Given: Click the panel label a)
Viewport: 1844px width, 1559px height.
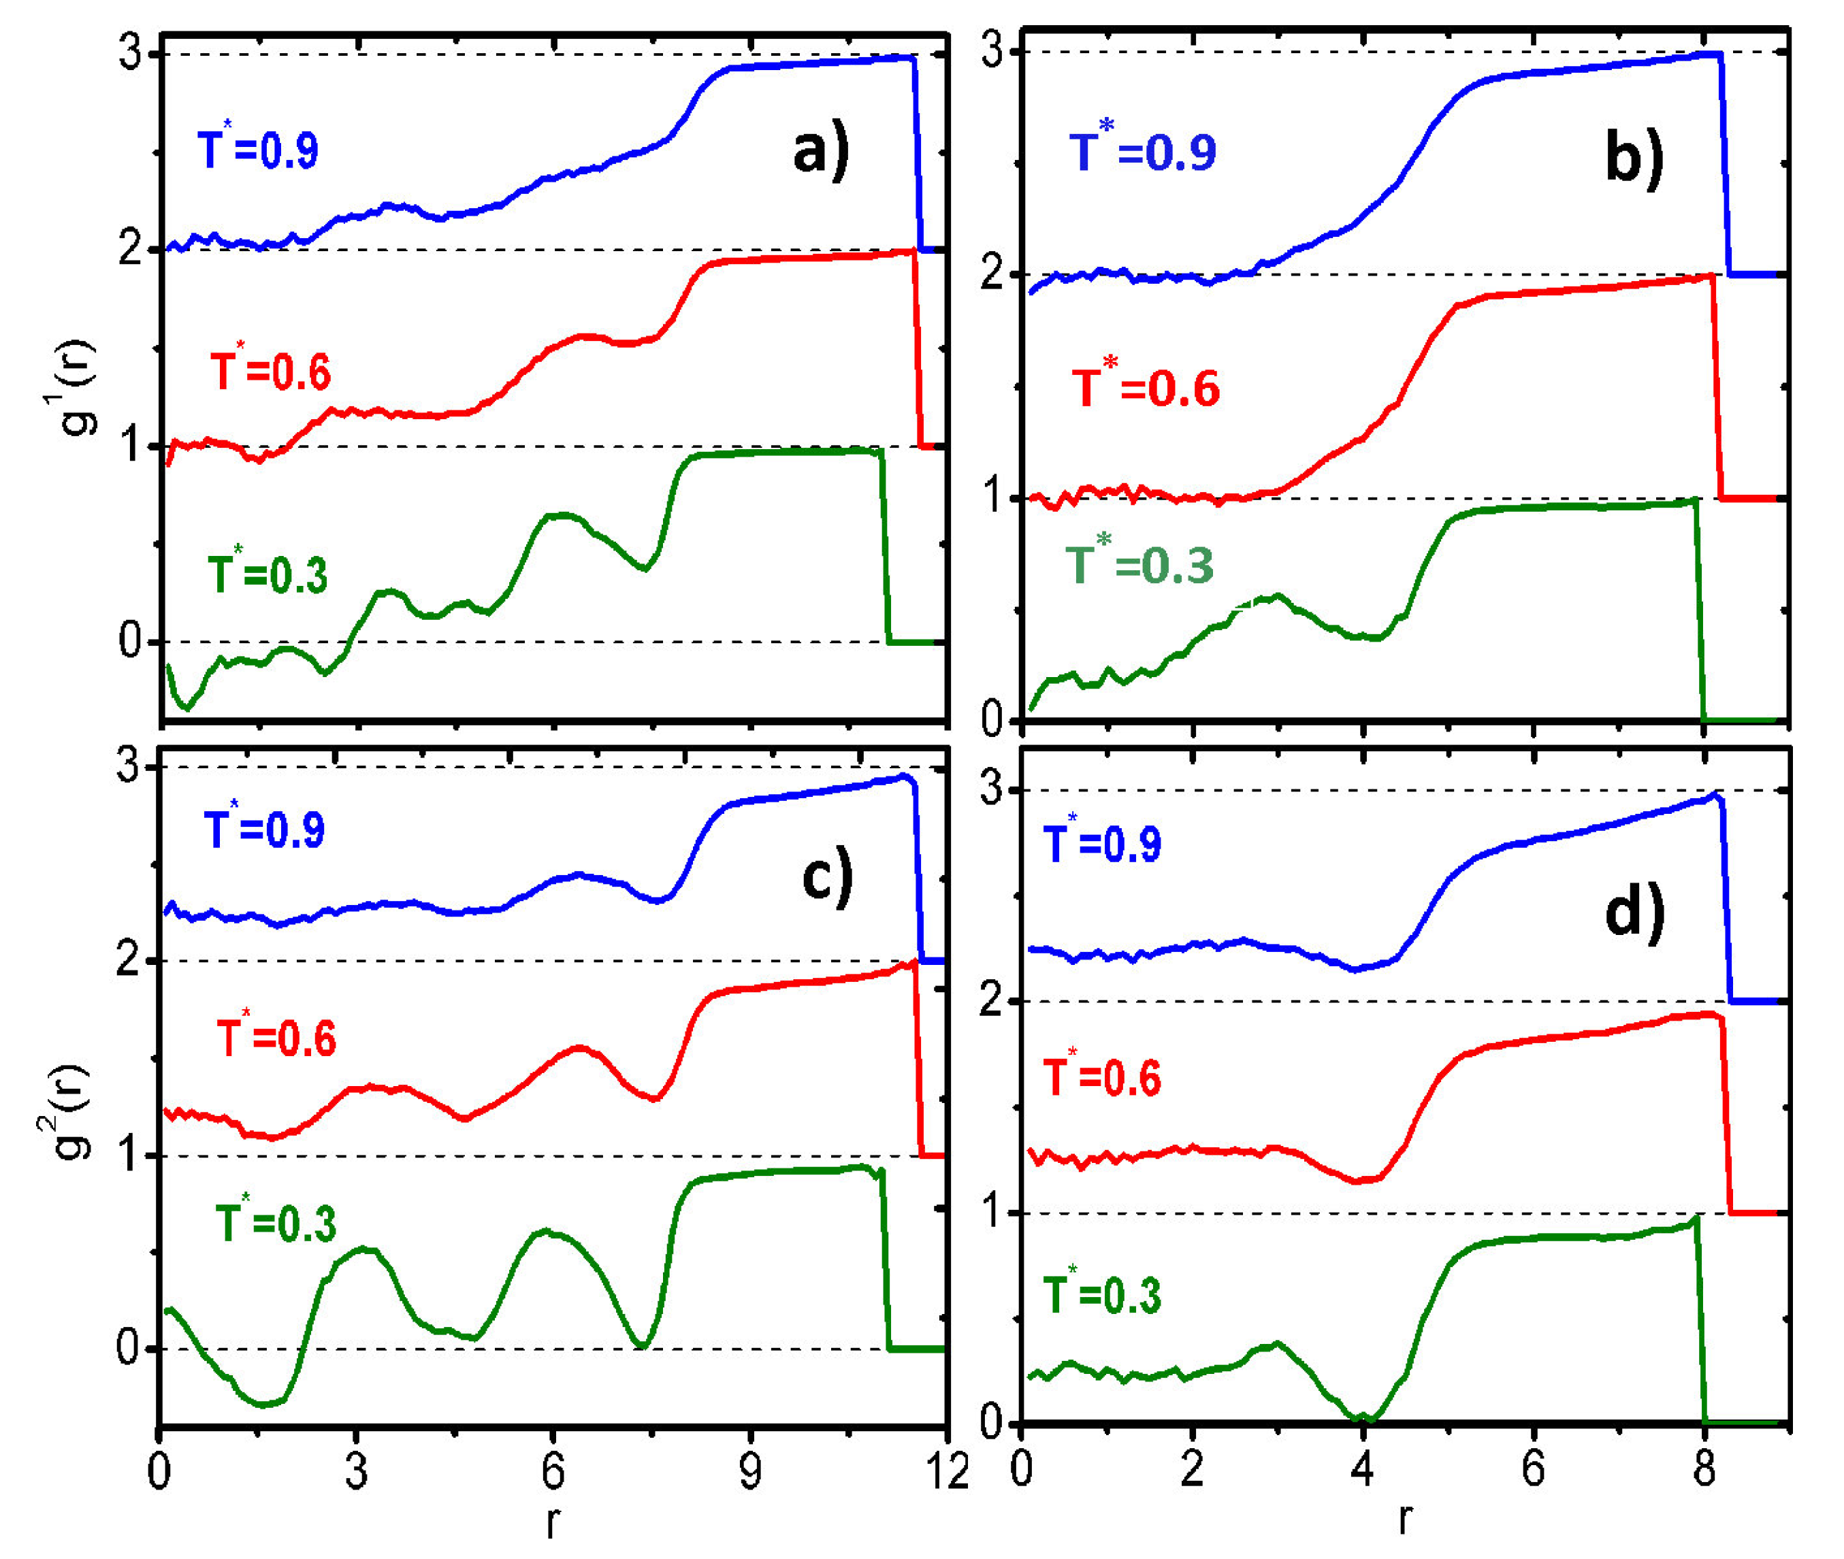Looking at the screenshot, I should (820, 152).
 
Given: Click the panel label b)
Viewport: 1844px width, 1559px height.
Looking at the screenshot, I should (1634, 159).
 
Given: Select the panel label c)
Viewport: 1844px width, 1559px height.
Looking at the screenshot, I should (826, 878).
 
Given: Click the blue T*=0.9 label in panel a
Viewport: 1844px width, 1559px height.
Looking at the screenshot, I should (257, 148).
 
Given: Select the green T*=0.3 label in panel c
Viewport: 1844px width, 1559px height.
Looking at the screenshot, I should (276, 1222).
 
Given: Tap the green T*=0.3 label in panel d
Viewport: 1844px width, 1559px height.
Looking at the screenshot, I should (1101, 1293).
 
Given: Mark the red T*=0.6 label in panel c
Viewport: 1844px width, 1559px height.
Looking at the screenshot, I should (276, 1036).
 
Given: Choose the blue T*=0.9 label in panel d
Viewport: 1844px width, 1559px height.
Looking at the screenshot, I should (1101, 842).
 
